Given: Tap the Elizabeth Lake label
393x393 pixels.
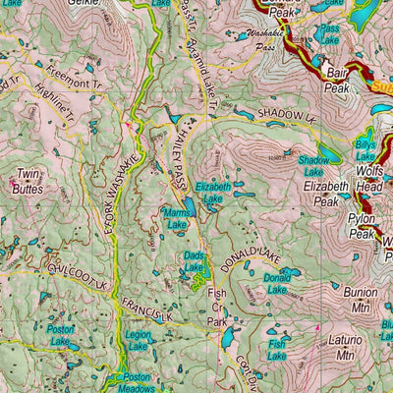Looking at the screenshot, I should tap(213, 192).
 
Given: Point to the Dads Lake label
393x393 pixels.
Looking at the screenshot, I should tap(195, 262).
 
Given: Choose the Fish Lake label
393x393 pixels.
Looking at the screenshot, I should tap(278, 349).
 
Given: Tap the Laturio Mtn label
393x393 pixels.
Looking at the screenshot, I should tap(337, 349).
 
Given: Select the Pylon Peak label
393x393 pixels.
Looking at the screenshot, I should tap(361, 228).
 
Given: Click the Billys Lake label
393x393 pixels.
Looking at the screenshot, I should tap(365, 150).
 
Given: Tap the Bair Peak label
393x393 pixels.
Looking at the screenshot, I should tap(339, 81).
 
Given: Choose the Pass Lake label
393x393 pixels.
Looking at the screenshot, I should tap(330, 36).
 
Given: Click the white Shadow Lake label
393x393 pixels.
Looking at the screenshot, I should tap(313, 164).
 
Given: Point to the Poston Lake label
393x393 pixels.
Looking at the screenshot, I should tap(61, 333).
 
